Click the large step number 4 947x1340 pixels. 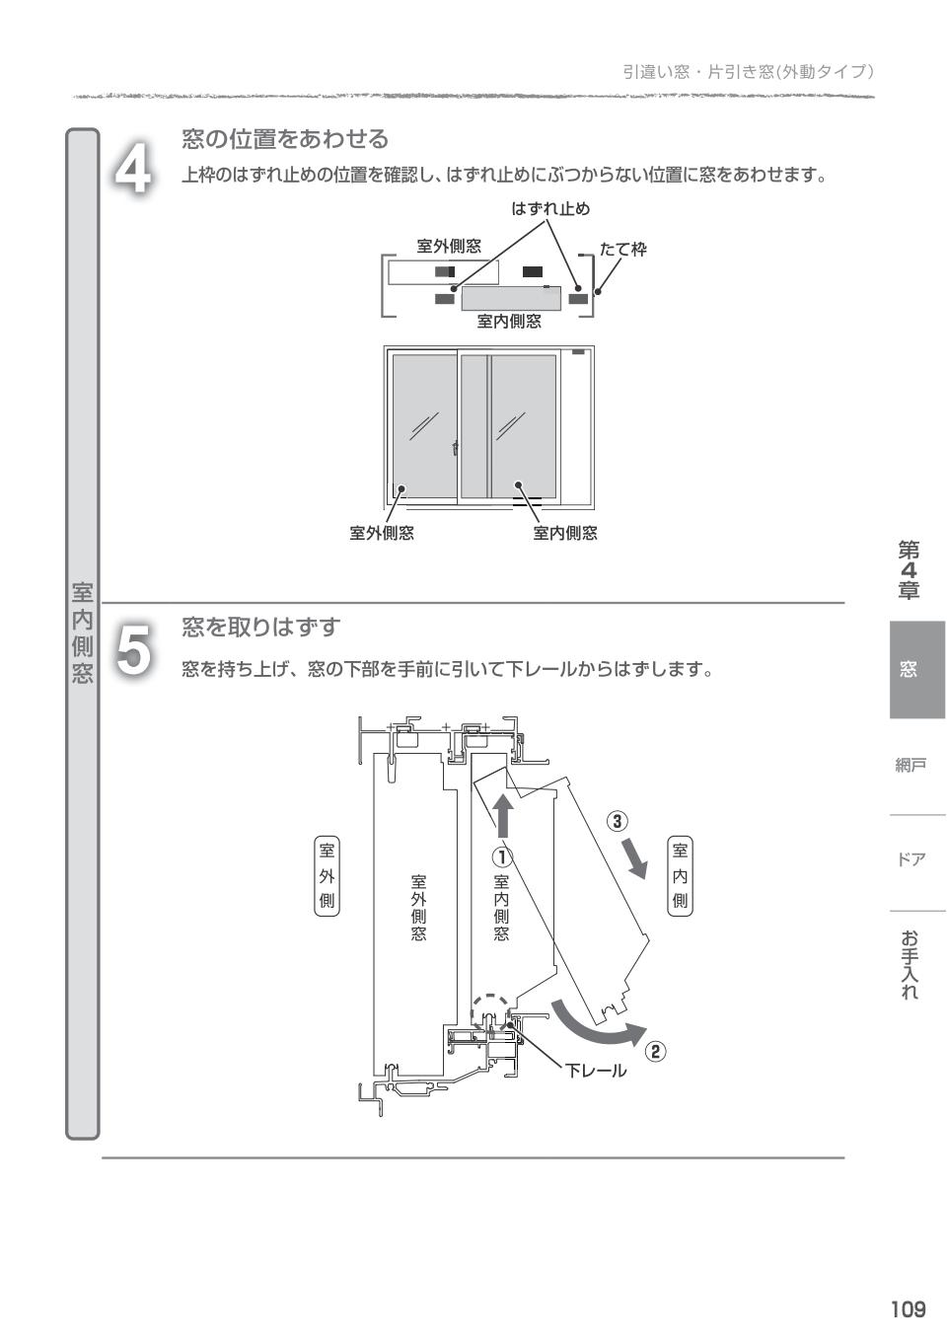coord(132,169)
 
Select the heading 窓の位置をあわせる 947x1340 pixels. coord(284,139)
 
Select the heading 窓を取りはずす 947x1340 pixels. coord(260,627)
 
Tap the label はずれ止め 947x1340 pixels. coord(549,208)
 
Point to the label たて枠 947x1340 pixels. coord(622,250)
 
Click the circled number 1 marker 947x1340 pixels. coord(502,856)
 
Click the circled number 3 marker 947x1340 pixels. coord(616,820)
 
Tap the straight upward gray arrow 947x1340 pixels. coord(503,817)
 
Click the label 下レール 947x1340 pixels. coord(595,1071)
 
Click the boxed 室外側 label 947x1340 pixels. coord(327,875)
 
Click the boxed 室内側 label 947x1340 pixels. coord(680,875)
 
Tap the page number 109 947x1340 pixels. coord(908,1309)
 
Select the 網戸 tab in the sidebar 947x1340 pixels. coord(911,765)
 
